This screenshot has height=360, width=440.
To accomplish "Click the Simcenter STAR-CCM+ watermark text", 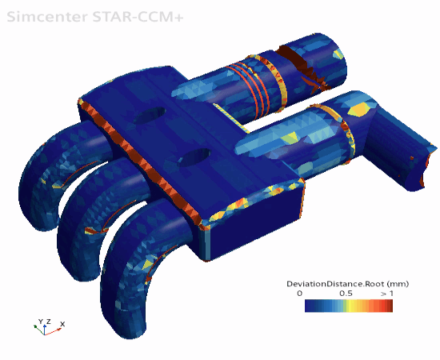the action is pyautogui.click(x=95, y=17).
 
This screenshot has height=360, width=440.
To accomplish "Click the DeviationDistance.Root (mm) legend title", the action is pyautogui.click(x=347, y=284).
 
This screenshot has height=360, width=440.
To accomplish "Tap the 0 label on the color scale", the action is pyautogui.click(x=300, y=294).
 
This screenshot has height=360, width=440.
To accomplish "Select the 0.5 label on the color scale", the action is pyautogui.click(x=346, y=294).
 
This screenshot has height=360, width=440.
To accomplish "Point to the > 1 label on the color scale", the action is pyautogui.click(x=387, y=294).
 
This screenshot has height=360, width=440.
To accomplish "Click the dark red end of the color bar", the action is pyautogui.click(x=390, y=306).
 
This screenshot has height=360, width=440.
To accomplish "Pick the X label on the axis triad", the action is pyautogui.click(x=62, y=324).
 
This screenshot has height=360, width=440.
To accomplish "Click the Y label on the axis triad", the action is pyautogui.click(x=41, y=322).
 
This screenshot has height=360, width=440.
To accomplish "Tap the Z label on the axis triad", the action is pyautogui.click(x=48, y=322).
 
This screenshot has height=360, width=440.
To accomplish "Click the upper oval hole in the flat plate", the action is pyautogui.click(x=150, y=115).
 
